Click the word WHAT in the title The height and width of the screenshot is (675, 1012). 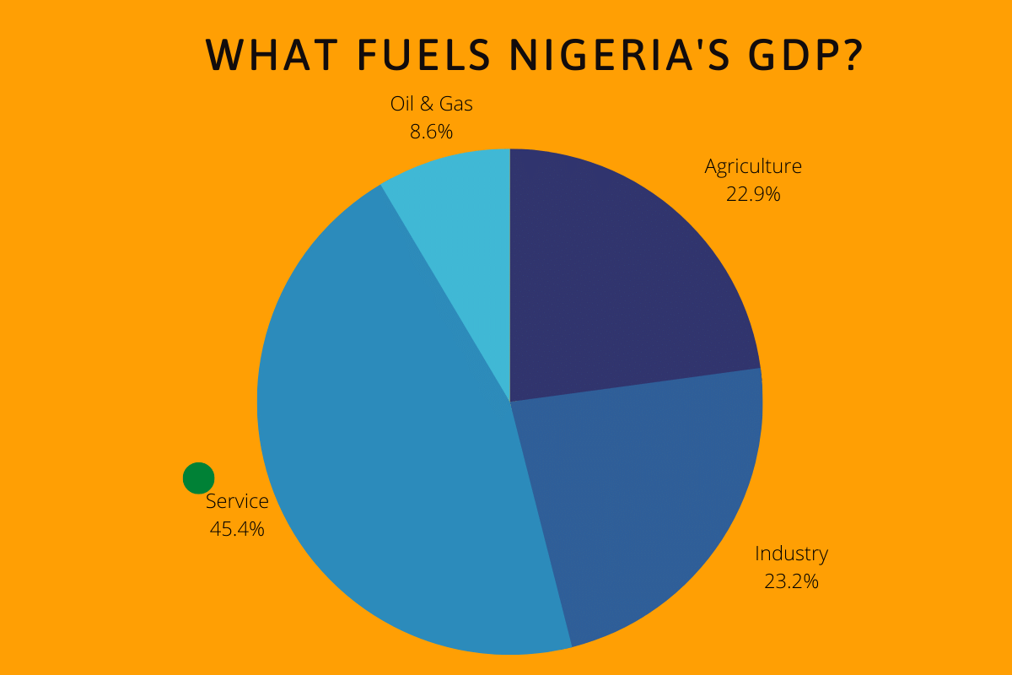point(267,55)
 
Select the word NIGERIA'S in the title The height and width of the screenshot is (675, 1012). point(619,55)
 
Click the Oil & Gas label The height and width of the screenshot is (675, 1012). point(432,104)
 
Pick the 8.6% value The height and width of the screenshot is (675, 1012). point(432,132)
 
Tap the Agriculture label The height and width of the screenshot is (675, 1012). point(753,166)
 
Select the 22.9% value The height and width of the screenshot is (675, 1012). point(753,194)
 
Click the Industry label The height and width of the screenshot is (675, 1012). point(791,553)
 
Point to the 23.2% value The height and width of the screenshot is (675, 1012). point(791,581)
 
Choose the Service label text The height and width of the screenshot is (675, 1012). point(237,501)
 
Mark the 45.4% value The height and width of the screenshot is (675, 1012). point(237,529)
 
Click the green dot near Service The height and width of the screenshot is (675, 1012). point(198,478)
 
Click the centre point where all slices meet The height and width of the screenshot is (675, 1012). point(510,402)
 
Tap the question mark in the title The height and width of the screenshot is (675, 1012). point(848,55)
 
